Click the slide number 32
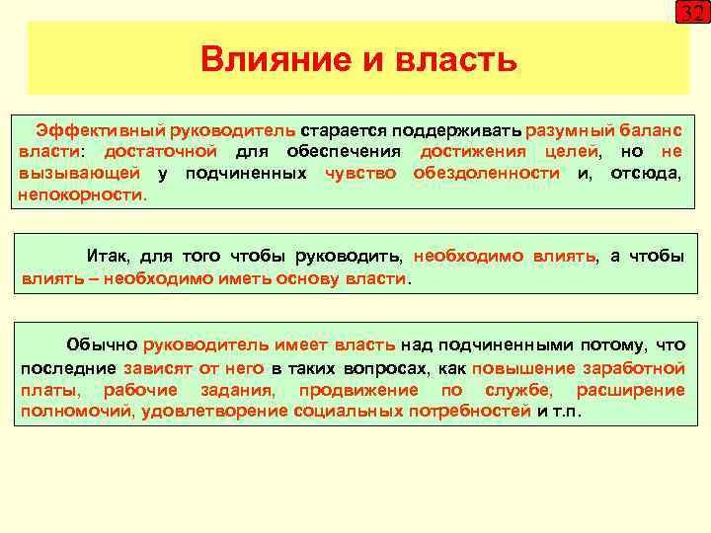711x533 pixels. pos(691,14)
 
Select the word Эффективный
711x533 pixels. pos(100,130)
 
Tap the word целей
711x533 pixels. pos(572,151)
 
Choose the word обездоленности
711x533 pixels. pos(486,173)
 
